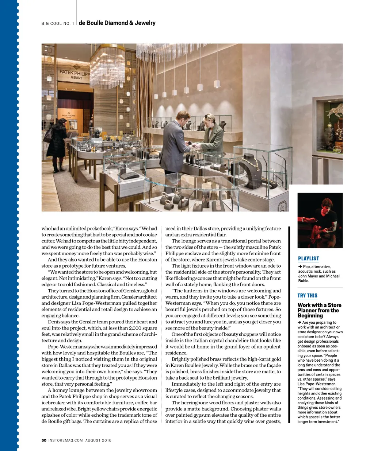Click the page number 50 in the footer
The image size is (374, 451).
pos(44,440)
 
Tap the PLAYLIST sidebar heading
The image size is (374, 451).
pos(308,258)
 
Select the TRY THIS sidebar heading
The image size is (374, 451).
pos(307,296)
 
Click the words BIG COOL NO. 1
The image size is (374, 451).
pos(58,24)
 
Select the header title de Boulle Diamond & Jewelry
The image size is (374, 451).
pos(117,23)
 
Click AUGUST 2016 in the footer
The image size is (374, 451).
pos(98,440)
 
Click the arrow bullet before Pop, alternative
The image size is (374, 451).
pos(300,267)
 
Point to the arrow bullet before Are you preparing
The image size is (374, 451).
pos(299,323)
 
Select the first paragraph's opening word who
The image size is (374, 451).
pos(46,229)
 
